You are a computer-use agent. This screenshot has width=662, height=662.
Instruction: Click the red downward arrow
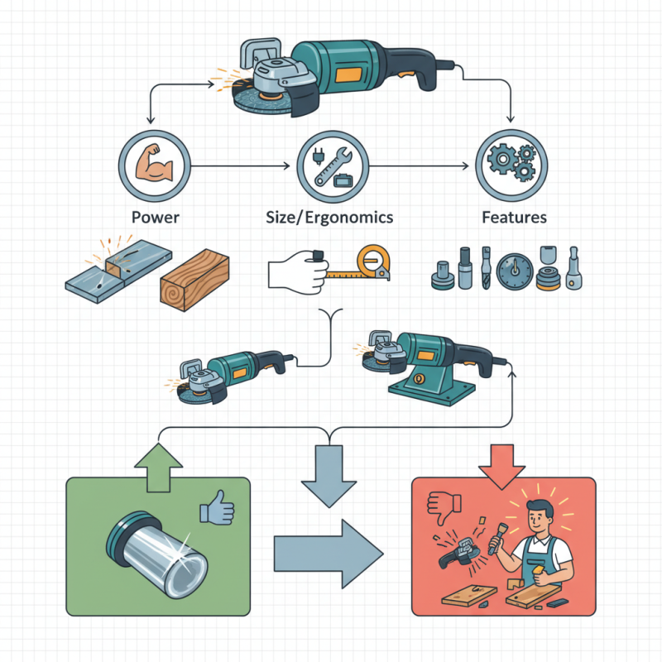coord(502,463)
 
